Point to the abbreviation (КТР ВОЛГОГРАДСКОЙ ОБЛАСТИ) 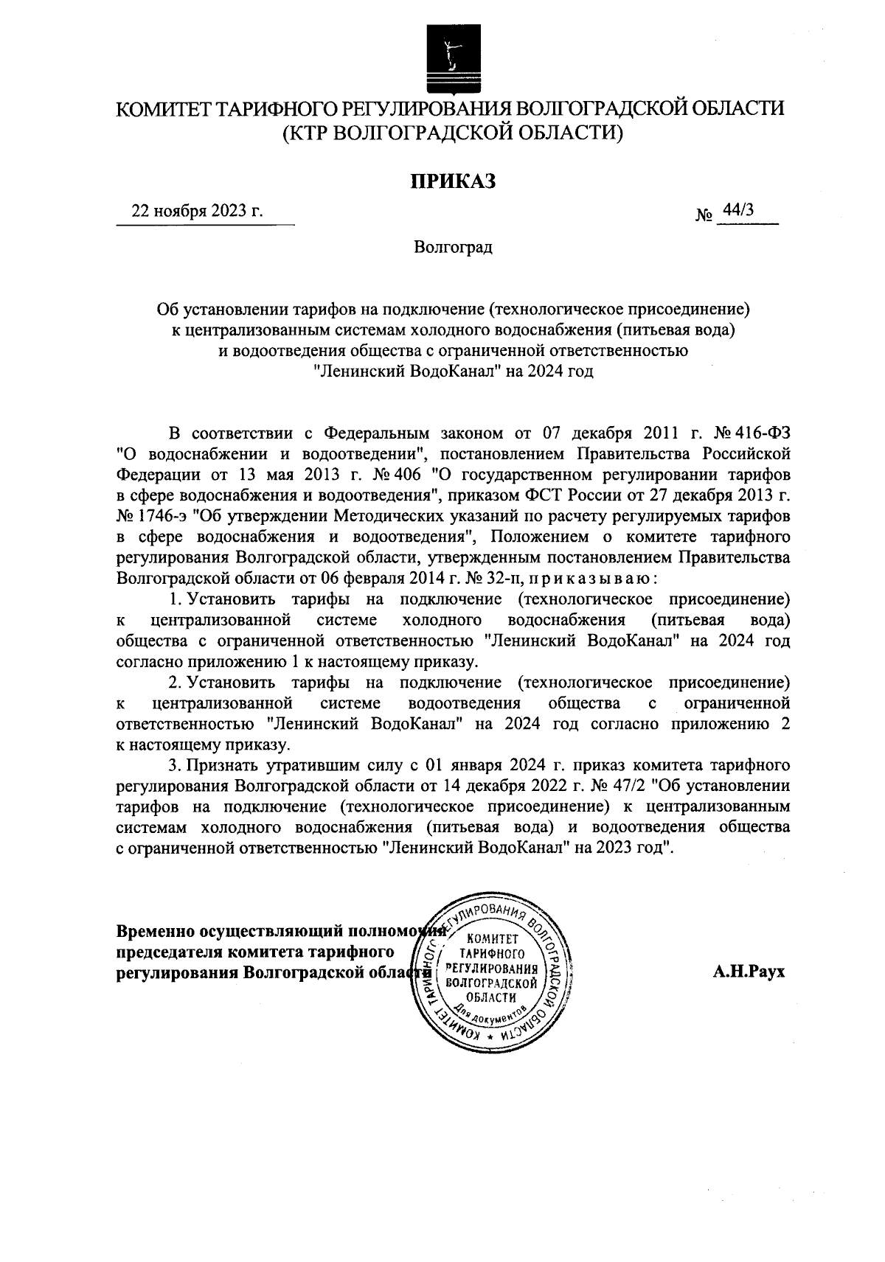tap(451, 133)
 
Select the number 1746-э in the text tap(166, 514)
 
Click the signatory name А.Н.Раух tap(749, 972)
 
